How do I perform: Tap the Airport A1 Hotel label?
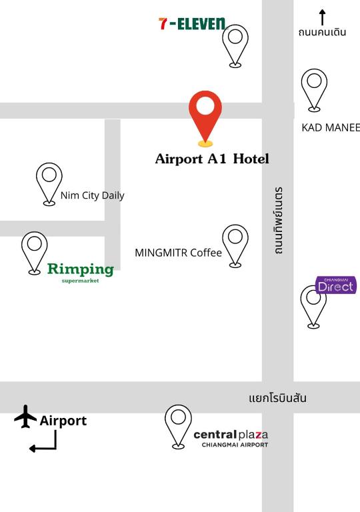point(212,159)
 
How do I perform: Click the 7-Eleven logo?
point(192,24)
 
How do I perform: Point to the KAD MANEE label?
point(331,127)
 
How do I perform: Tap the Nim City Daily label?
point(92,195)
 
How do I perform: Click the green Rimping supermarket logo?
point(80,271)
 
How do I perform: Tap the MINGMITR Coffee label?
point(178,253)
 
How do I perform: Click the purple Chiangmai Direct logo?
point(336,285)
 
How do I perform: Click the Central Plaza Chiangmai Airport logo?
point(231,438)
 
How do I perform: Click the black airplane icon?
point(25,417)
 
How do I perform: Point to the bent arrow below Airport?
point(44,442)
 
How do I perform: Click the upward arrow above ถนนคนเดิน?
point(323,17)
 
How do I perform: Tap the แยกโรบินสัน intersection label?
point(277,398)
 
